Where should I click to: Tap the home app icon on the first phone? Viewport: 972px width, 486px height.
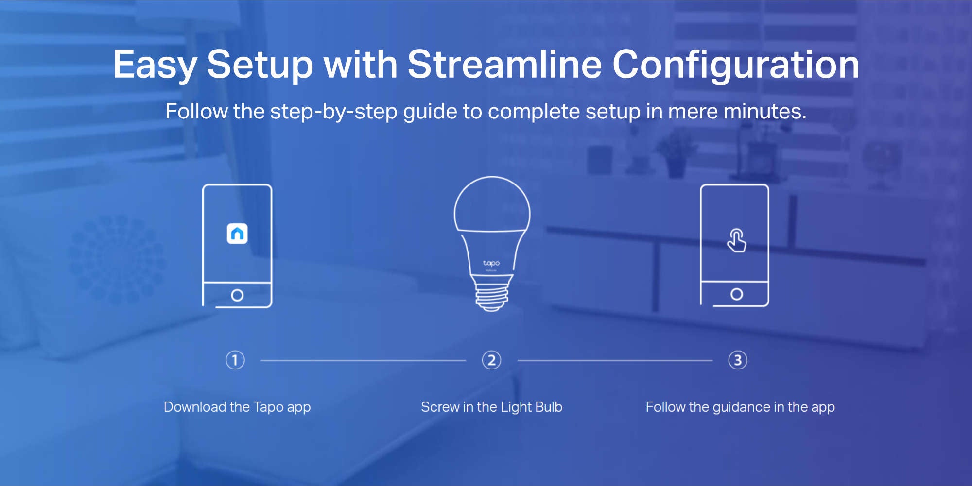pyautogui.click(x=237, y=234)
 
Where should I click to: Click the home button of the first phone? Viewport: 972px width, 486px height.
pyautogui.click(x=237, y=295)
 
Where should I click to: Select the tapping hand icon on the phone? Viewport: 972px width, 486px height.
pyautogui.click(x=736, y=240)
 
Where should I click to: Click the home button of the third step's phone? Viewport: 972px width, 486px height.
pyautogui.click(x=737, y=294)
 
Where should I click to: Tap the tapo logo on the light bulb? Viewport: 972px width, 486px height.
pyautogui.click(x=491, y=263)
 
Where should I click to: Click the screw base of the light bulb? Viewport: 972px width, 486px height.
pyautogui.click(x=492, y=293)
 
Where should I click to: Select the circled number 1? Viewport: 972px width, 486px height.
pyautogui.click(x=235, y=360)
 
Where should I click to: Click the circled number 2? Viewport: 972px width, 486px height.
pyautogui.click(x=491, y=360)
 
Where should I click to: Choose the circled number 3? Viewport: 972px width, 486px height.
pyautogui.click(x=738, y=360)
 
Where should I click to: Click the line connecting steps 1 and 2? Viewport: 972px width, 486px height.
pyautogui.click(x=363, y=361)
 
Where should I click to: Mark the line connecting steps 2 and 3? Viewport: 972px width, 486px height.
pyautogui.click(x=615, y=361)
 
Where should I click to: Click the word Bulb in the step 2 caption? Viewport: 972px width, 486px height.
pyautogui.click(x=548, y=407)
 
